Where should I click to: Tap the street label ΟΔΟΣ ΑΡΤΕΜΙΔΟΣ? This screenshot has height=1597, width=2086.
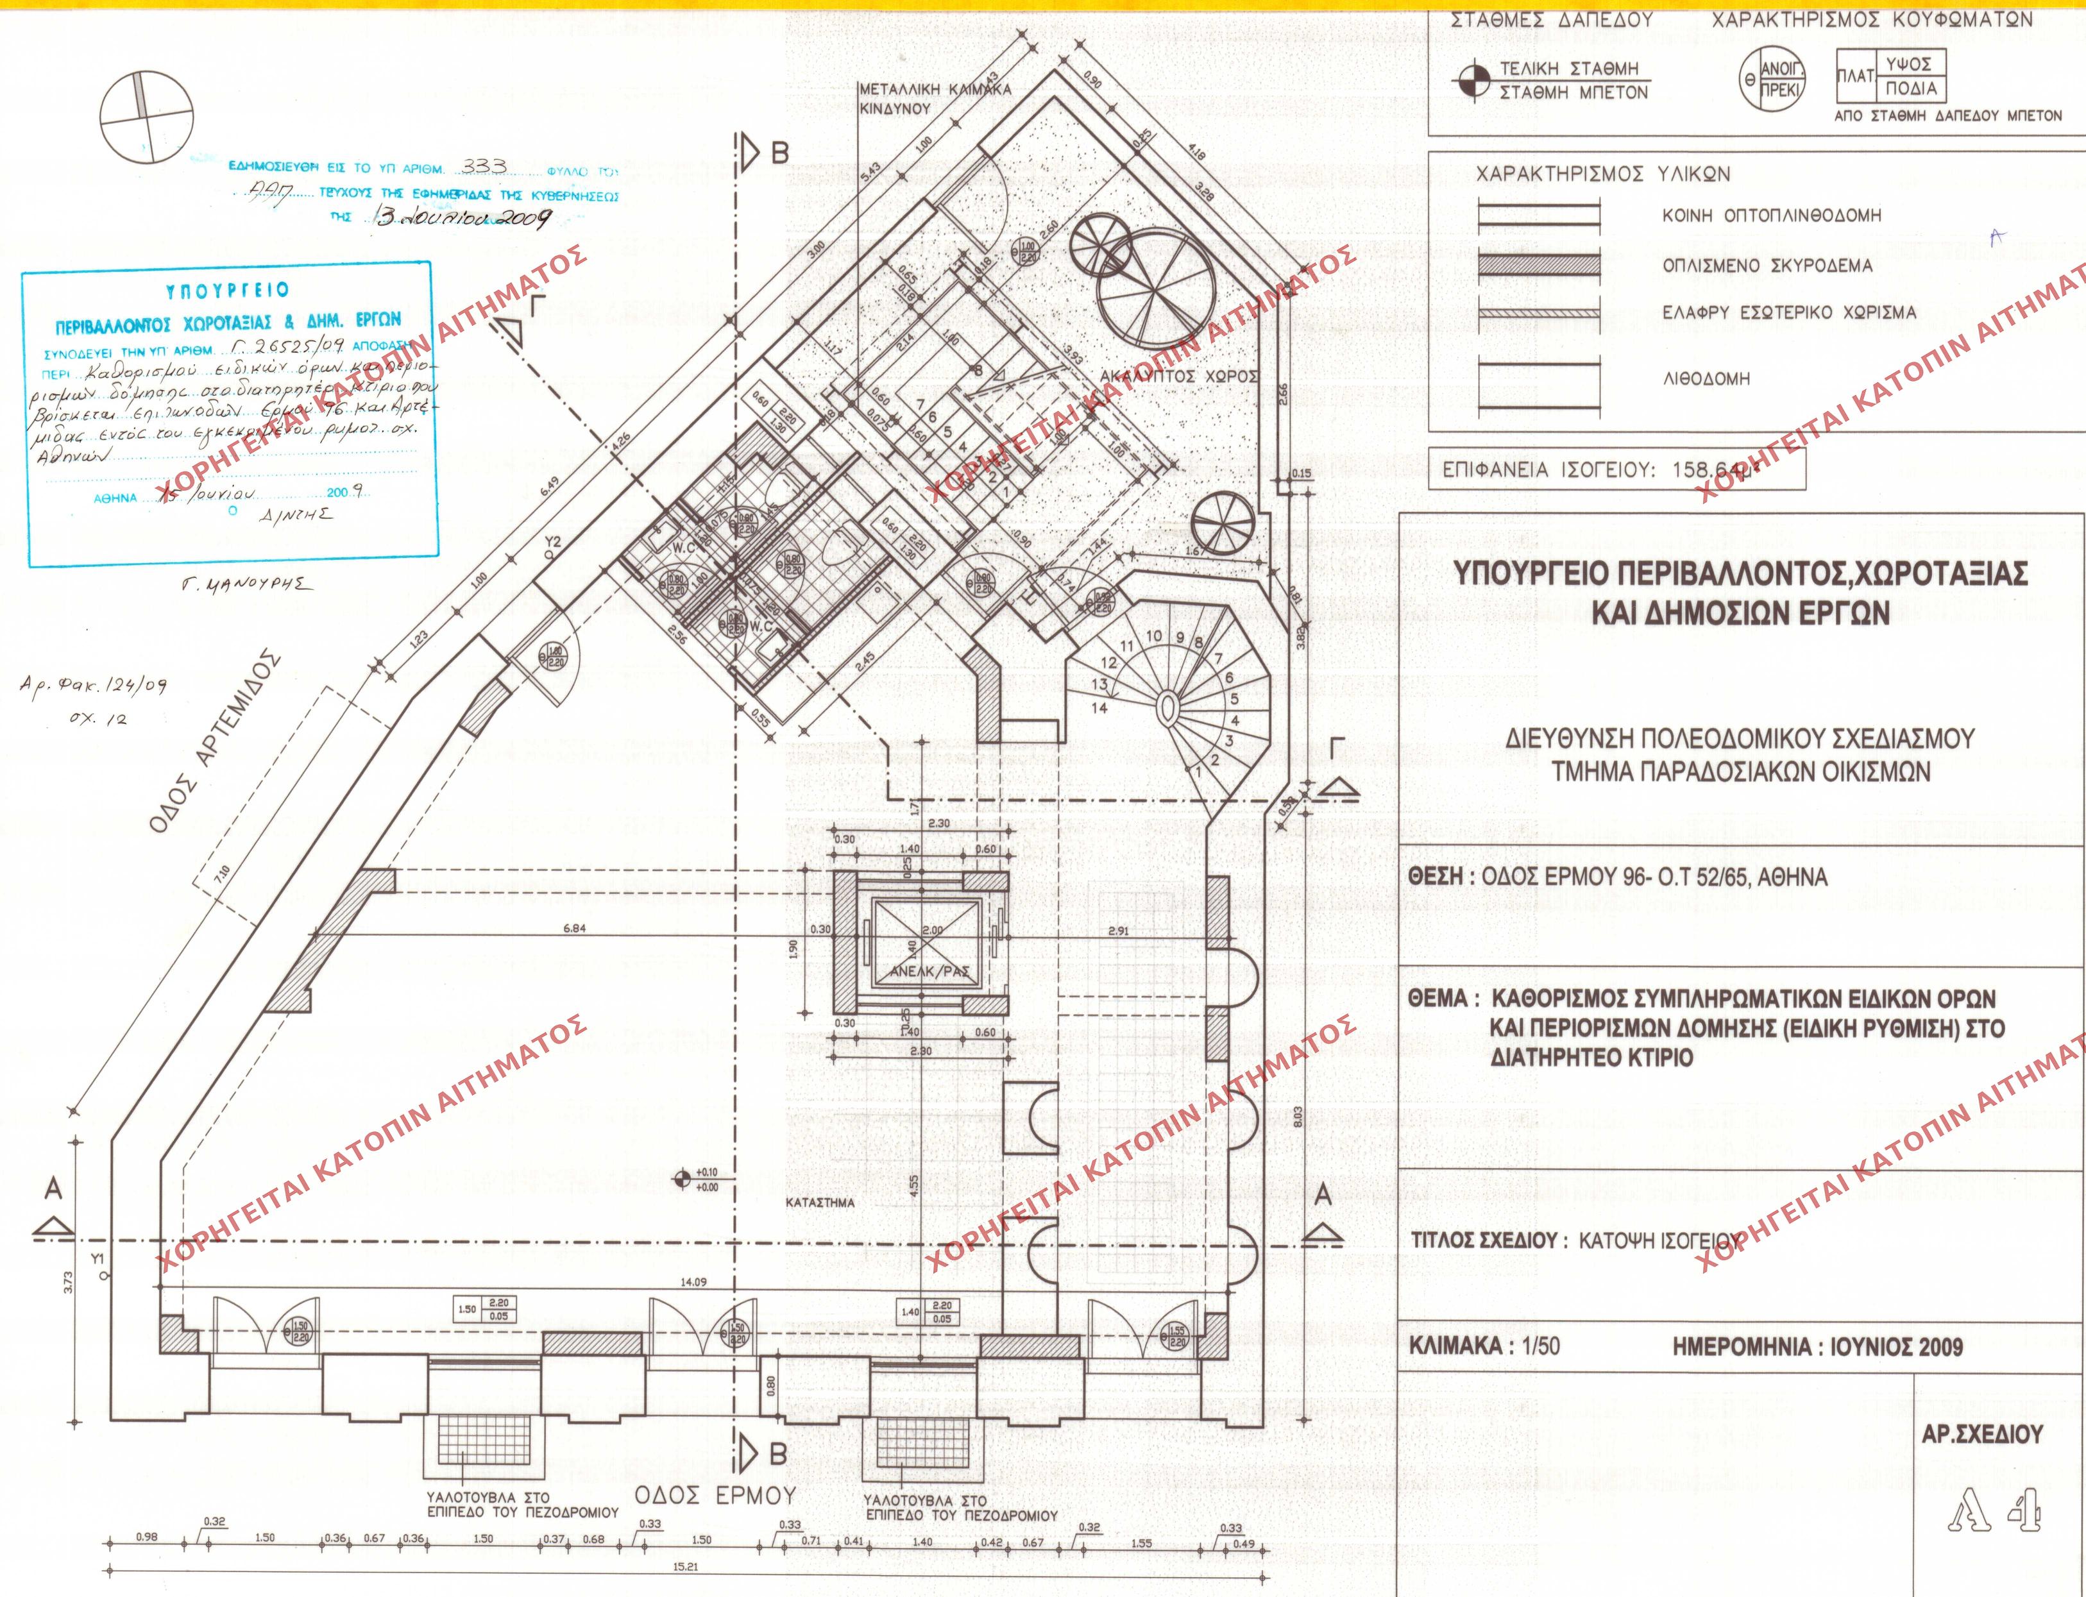click(215, 741)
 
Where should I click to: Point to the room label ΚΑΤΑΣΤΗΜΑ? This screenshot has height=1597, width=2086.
click(820, 1203)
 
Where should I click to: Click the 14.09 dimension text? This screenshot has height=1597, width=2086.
click(693, 1282)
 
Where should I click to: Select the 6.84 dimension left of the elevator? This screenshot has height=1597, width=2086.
click(574, 929)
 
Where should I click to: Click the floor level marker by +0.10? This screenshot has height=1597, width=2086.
click(681, 1179)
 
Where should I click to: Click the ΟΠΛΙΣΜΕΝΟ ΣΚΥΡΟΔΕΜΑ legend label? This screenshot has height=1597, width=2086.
click(1767, 266)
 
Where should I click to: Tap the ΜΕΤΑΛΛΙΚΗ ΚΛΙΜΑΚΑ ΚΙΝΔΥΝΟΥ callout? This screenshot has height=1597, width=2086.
click(935, 99)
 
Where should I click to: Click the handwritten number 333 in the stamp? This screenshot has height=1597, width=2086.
click(485, 166)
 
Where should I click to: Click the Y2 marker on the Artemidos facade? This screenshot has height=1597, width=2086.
click(554, 542)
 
